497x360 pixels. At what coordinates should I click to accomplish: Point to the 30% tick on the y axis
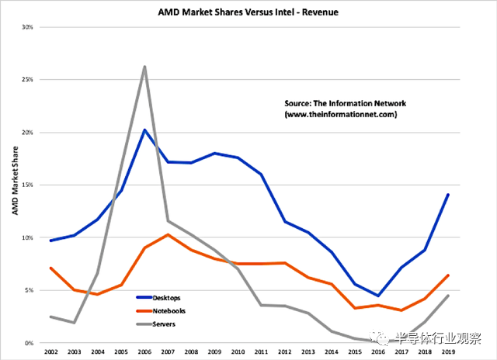pos(28,27)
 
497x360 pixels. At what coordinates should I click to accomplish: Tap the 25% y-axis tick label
pos(28,80)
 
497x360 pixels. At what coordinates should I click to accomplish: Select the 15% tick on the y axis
pos(28,185)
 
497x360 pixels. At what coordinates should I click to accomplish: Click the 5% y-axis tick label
pos(29,290)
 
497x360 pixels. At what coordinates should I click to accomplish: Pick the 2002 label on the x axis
pos(50,353)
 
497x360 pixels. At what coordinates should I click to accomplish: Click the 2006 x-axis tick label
pos(144,353)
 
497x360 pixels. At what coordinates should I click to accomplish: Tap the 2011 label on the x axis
pos(261,353)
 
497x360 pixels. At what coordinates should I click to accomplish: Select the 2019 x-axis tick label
pos(449,353)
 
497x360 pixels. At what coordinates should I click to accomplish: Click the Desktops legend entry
pos(169,297)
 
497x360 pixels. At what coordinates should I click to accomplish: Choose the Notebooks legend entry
pos(170,310)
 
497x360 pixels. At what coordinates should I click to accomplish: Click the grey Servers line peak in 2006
pos(144,67)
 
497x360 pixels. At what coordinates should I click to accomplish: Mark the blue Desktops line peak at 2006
pos(144,130)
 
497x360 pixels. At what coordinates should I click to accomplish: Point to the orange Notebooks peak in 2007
pos(168,234)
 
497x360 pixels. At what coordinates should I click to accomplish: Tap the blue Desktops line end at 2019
pos(449,194)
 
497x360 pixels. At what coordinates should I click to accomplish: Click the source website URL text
pos(342,114)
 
